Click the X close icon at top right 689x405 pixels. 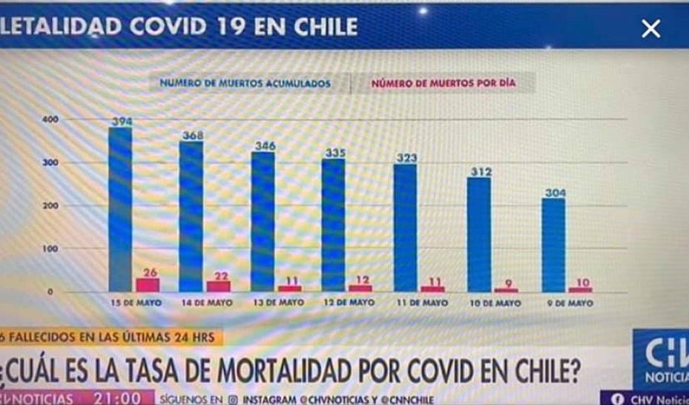click(650, 29)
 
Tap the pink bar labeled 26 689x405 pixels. click(148, 285)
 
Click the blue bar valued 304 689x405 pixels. click(553, 245)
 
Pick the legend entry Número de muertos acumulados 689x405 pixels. click(245, 83)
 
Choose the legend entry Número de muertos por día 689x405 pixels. click(443, 83)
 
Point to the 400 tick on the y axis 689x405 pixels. click(50, 120)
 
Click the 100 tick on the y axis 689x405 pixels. click(50, 249)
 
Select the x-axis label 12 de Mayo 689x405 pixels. click(349, 303)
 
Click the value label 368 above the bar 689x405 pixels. click(192, 135)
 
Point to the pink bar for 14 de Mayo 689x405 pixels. click(220, 286)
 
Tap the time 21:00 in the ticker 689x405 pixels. click(116, 398)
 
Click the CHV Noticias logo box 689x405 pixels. click(660, 358)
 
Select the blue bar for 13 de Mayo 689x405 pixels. click(263, 222)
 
